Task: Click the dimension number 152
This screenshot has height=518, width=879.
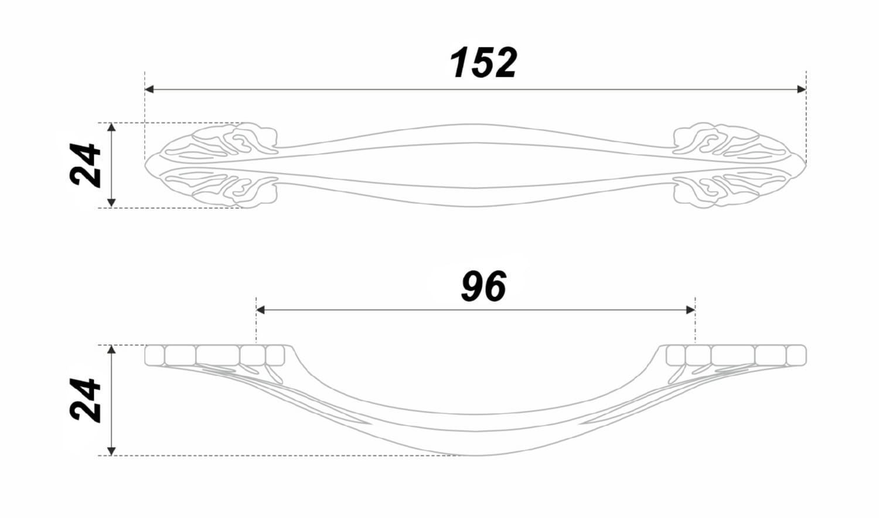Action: [483, 63]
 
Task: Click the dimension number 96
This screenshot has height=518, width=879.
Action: [483, 286]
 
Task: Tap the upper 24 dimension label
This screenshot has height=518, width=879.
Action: [85, 165]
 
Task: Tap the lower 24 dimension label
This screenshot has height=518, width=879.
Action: [85, 400]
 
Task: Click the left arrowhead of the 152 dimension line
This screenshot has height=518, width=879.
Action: [149, 90]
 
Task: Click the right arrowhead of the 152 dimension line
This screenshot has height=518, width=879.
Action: [802, 90]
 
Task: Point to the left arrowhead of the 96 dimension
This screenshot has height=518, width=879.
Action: [261, 310]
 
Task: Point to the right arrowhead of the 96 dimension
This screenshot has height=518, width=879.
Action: [691, 310]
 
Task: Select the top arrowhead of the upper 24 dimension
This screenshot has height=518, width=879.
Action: [111, 127]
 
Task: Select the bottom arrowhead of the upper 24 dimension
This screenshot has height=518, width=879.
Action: [111, 203]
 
